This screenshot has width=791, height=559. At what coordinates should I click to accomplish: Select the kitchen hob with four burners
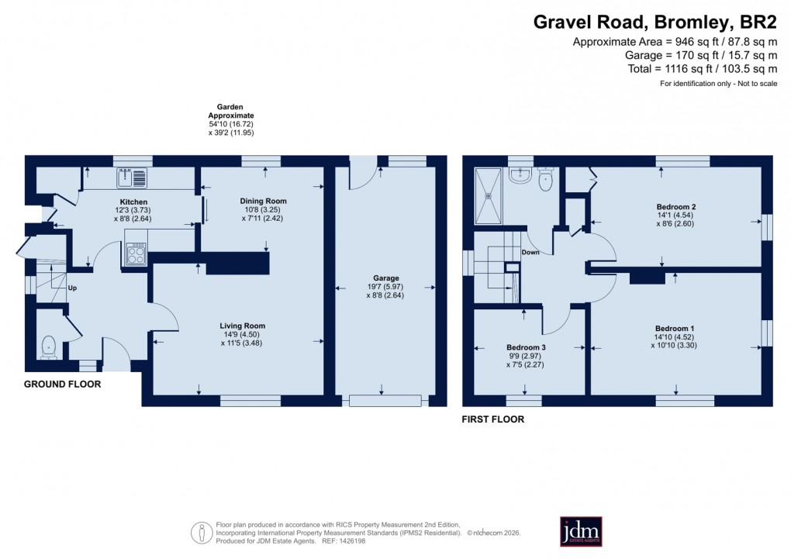[136, 254]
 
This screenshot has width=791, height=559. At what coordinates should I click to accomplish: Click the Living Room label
[243, 326]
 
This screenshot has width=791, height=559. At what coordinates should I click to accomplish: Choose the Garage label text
[385, 278]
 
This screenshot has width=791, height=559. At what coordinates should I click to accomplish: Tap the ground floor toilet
[49, 347]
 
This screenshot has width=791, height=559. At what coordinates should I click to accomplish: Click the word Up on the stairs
[72, 288]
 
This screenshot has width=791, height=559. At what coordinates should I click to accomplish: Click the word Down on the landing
[530, 253]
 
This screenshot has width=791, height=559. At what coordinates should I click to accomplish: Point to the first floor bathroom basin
[520, 177]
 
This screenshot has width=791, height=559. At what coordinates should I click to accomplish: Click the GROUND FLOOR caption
[62, 385]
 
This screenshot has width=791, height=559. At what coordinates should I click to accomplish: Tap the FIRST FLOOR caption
[493, 419]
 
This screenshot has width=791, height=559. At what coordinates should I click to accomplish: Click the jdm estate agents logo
[581, 532]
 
